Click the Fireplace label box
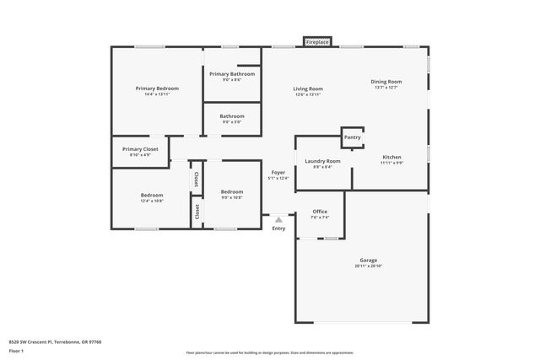(318, 41)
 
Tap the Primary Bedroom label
(157, 89)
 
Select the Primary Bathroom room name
(232, 74)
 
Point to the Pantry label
(353, 137)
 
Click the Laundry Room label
(322, 161)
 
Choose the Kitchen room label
(391, 157)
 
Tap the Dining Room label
(386, 82)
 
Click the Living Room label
(308, 89)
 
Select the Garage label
(368, 261)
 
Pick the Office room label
(320, 212)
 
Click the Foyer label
(278, 172)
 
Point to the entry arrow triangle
(278, 219)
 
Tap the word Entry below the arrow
(278, 228)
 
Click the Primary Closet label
(140, 149)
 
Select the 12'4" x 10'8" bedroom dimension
(152, 201)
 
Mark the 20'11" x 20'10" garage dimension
(368, 266)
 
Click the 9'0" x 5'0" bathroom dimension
(232, 121)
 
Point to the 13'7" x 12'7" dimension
(386, 87)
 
